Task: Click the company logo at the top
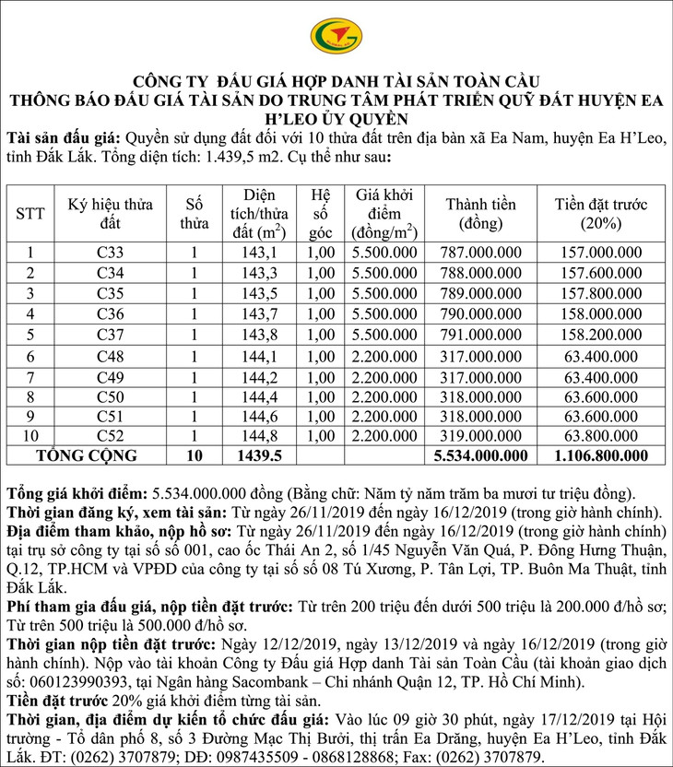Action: tap(336, 36)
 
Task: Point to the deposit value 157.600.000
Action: tap(603, 273)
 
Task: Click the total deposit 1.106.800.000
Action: tap(603, 455)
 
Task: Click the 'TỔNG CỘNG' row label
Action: tap(86, 455)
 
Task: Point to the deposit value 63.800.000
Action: tap(603, 435)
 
